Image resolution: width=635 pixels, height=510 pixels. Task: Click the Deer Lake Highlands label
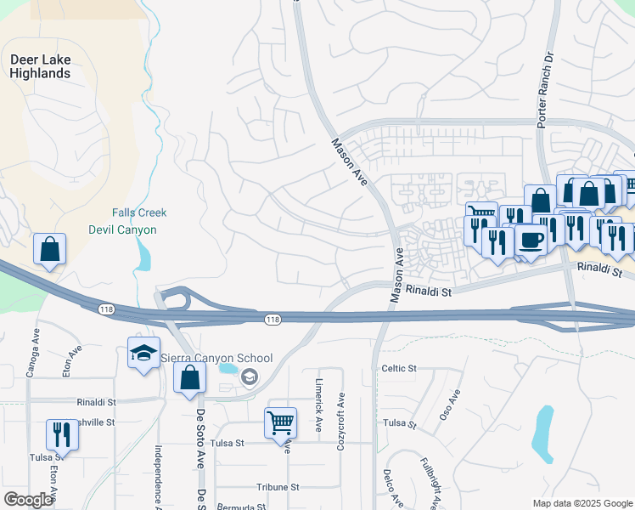point(40,66)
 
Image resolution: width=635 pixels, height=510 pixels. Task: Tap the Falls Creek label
point(139,212)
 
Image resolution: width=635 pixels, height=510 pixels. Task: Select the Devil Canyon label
point(122,229)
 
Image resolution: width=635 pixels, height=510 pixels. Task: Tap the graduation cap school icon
point(143,352)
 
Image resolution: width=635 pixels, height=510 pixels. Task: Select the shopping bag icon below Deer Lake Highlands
point(49,250)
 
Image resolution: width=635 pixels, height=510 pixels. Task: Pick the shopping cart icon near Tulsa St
point(280,422)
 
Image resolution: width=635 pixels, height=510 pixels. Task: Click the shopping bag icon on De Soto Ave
point(189,377)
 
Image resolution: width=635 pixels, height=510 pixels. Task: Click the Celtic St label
point(399,368)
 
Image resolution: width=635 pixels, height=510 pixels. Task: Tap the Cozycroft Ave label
point(341,414)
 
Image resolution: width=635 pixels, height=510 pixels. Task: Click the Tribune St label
point(278,487)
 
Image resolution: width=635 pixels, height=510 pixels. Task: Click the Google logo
point(28,500)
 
